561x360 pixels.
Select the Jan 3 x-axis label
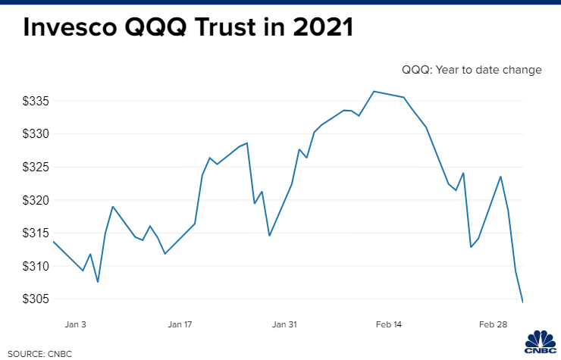76,324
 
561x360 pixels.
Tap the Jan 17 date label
180,324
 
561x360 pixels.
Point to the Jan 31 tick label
284,324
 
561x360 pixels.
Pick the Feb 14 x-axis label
388,324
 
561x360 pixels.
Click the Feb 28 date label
493,324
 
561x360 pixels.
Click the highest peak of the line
374,91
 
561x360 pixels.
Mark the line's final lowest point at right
522,302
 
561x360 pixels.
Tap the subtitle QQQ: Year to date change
472,70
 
